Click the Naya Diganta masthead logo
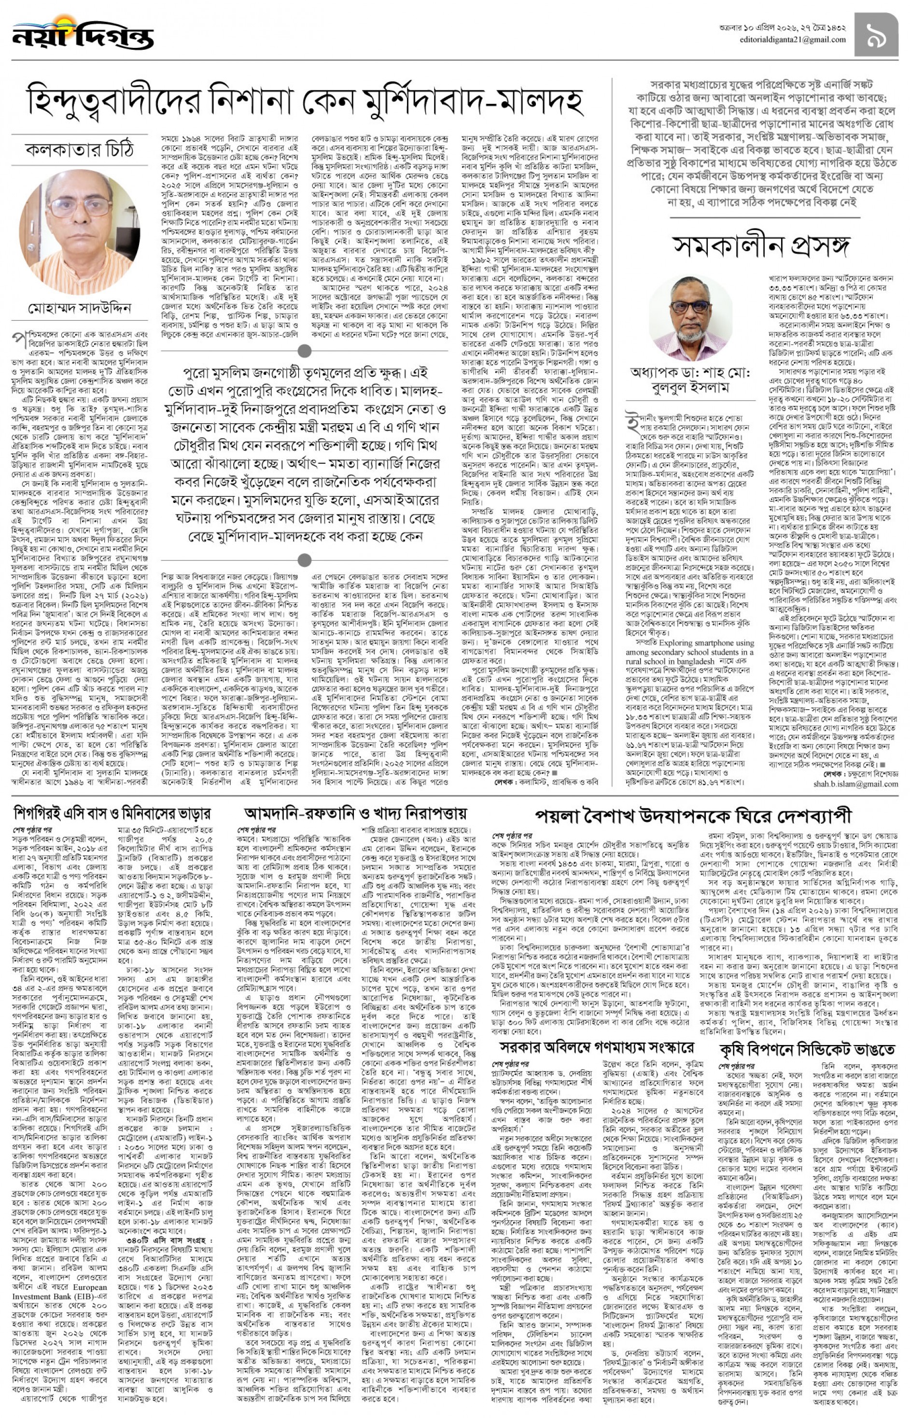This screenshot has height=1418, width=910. [83, 34]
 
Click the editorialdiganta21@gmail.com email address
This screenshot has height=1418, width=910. [792, 40]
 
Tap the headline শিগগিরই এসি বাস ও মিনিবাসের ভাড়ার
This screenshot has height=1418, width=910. [112, 814]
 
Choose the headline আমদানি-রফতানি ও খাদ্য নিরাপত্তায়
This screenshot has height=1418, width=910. [355, 813]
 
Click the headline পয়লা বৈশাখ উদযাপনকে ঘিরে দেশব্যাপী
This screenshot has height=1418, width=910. [693, 816]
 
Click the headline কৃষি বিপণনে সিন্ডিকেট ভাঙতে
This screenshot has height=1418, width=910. [807, 1049]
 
